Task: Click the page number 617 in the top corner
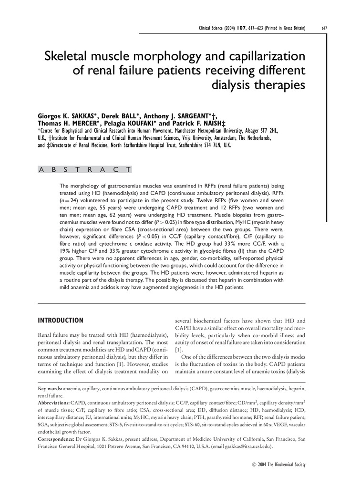324,28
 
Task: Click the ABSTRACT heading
84,169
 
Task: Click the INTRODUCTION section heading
61,320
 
